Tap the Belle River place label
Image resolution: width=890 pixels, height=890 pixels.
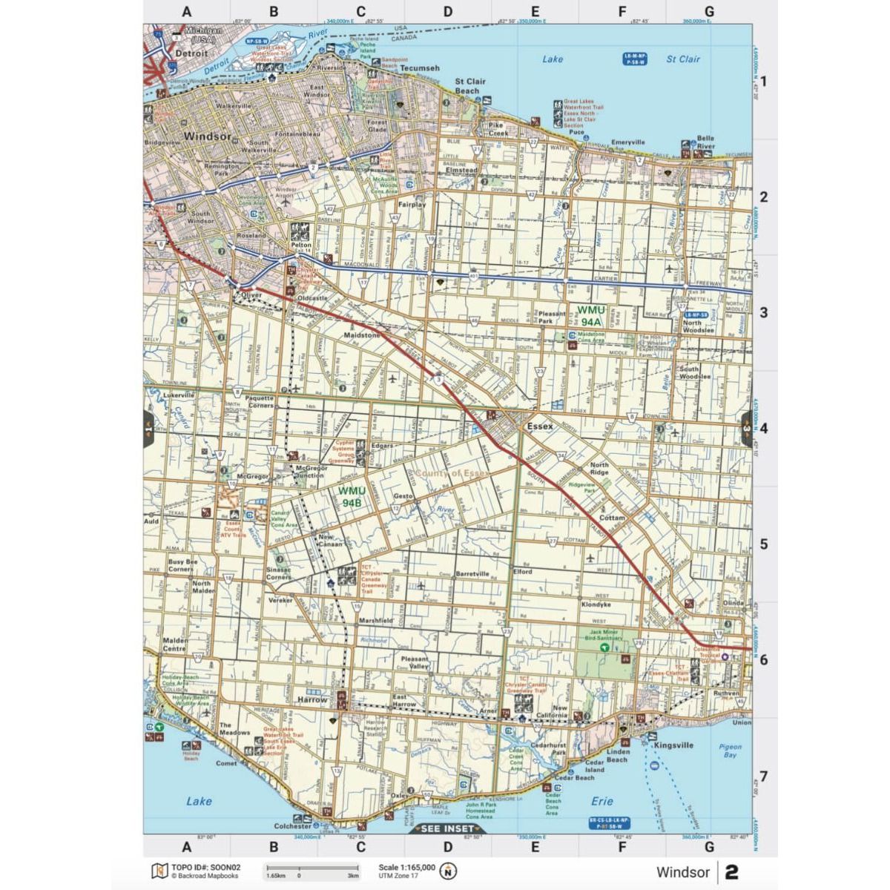(x=705, y=142)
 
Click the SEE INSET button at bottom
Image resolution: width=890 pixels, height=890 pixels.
(x=447, y=828)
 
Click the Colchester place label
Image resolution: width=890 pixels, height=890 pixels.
(x=292, y=825)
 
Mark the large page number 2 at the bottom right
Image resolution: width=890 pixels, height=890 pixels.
(x=732, y=872)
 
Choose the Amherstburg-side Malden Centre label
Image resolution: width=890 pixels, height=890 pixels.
(x=175, y=643)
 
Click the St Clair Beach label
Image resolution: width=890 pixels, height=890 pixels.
(x=470, y=86)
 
